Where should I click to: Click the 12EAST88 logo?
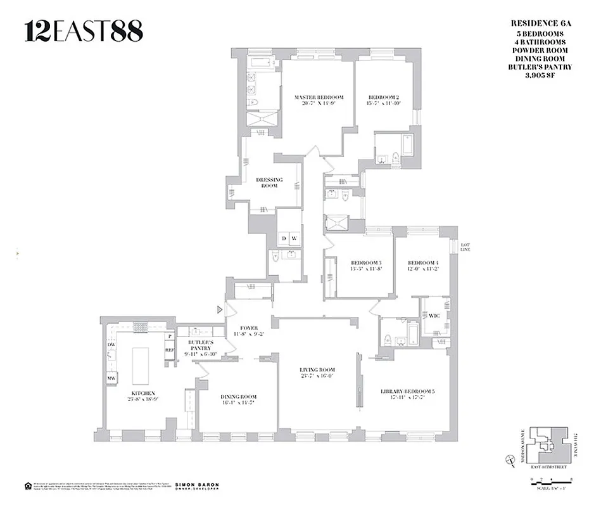point(84,31)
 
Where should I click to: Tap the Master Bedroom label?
point(319,98)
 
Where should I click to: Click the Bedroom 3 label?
point(367,263)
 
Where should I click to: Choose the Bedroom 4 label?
point(423,263)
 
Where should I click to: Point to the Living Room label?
point(317,370)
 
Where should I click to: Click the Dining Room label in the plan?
point(239,397)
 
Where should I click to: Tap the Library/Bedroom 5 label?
point(407,391)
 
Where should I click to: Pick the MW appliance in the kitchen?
point(111,379)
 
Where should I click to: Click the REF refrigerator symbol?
point(169,349)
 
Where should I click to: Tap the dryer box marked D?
point(284,239)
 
